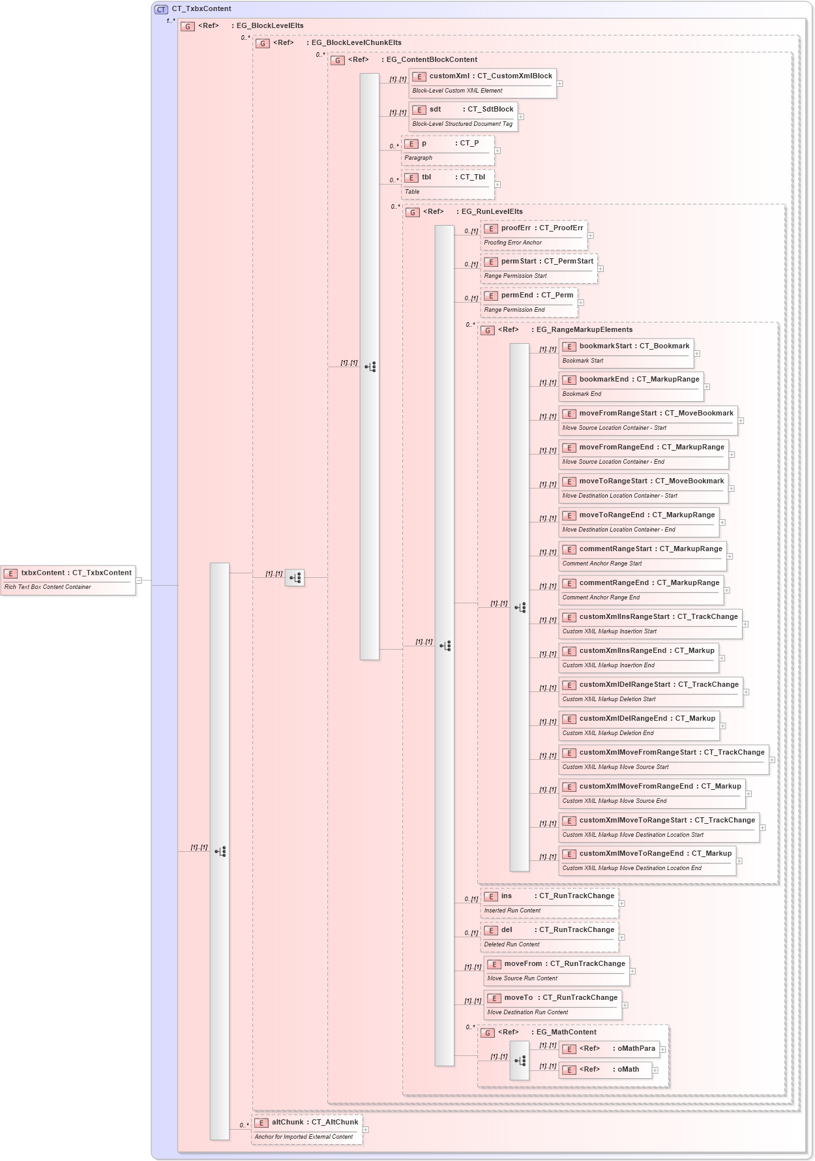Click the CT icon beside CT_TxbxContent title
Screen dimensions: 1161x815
161,9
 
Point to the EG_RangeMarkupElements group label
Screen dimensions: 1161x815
584,330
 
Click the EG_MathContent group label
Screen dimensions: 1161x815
565,1033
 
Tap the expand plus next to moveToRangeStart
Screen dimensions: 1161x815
732,489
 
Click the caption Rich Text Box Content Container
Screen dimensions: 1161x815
48,588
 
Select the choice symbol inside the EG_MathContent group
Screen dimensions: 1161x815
520,1061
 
